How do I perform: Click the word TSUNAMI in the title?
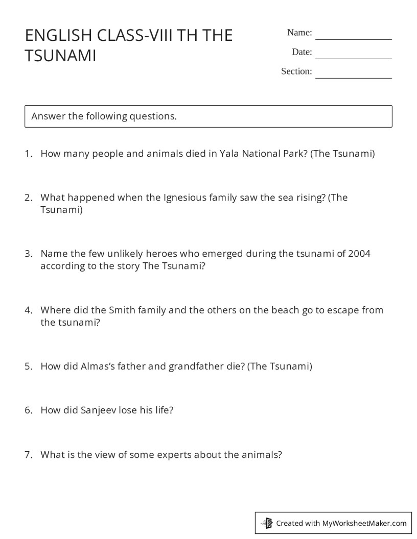(60, 56)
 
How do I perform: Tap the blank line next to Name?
(353, 38)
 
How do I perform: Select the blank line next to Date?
(353, 58)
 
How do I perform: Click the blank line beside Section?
(353, 77)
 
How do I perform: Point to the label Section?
(296, 71)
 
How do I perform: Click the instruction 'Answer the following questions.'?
(104, 116)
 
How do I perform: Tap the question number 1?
(28, 154)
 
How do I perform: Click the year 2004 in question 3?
(359, 254)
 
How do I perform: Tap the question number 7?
(28, 454)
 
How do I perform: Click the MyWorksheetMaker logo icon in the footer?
(267, 523)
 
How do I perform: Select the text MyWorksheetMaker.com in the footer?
(364, 523)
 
